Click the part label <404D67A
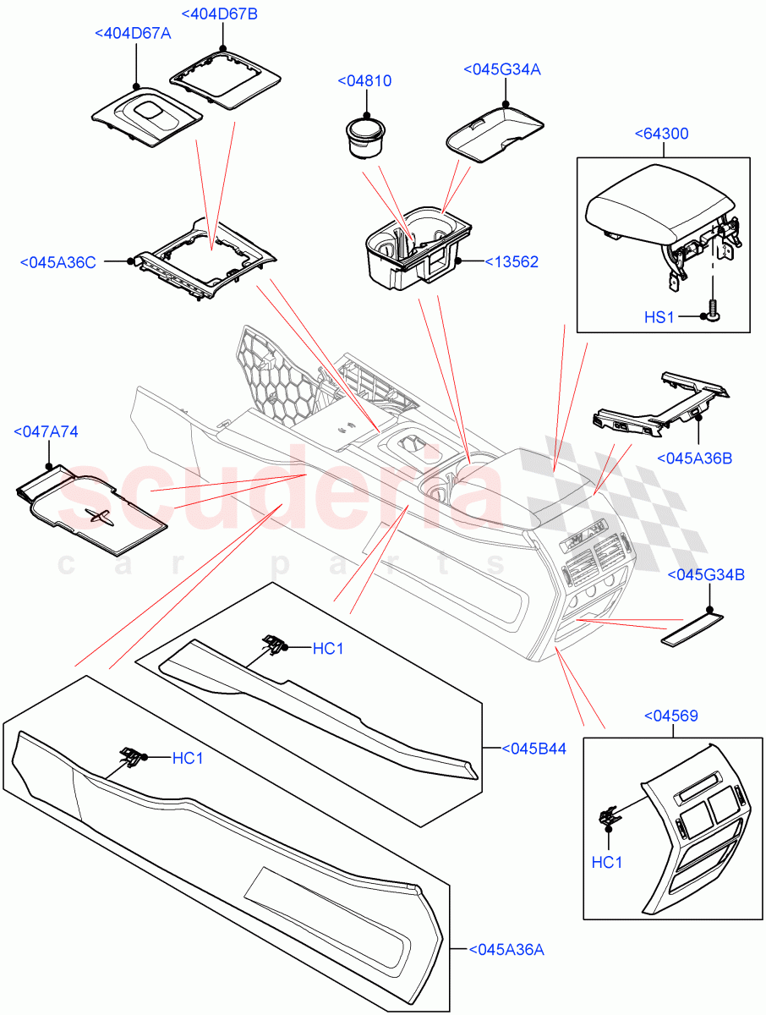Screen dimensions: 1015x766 [x=133, y=33]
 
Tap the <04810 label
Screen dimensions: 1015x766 [x=364, y=80]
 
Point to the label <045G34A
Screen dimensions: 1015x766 [x=501, y=69]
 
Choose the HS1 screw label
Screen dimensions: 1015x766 [x=659, y=317]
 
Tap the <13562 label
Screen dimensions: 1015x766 [x=512, y=262]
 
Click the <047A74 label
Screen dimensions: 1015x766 [x=47, y=431]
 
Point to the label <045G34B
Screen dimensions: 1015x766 [x=706, y=575]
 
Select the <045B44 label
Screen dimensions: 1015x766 [x=533, y=749]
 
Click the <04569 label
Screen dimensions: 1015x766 [x=673, y=716]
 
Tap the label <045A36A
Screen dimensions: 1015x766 [x=506, y=950]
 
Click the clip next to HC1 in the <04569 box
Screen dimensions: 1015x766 [x=608, y=815]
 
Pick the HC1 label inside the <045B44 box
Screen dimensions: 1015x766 [x=329, y=648]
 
